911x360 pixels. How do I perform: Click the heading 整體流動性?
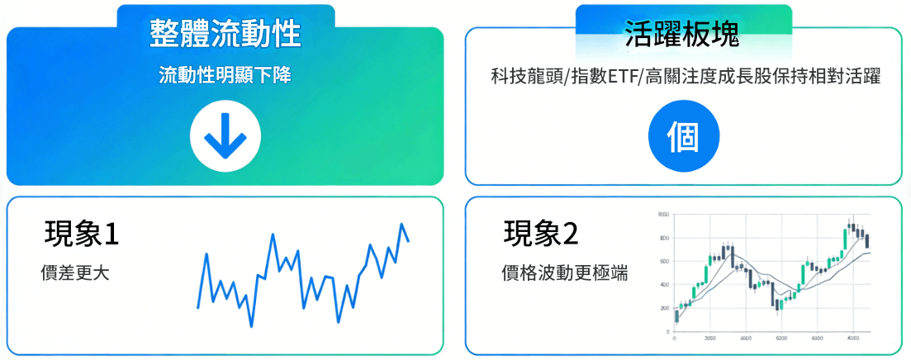tap(225, 34)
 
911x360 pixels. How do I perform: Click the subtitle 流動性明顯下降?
tap(225, 75)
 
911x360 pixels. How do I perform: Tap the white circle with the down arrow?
tap(225, 135)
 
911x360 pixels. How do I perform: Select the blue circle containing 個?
tap(683, 135)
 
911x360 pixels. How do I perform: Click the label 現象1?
tap(82, 234)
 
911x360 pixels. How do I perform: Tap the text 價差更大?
tap(74, 272)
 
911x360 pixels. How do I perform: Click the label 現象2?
tap(541, 234)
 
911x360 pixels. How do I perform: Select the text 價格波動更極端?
tap(564, 272)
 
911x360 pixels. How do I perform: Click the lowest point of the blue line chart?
tap(251, 327)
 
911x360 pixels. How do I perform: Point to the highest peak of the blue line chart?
tap(401, 224)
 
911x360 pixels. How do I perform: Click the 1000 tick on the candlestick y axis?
tap(662, 214)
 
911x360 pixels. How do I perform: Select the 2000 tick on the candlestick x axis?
tap(709, 339)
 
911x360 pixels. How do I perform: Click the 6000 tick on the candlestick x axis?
tap(817, 339)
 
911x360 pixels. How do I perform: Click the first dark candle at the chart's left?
tap(677, 315)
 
